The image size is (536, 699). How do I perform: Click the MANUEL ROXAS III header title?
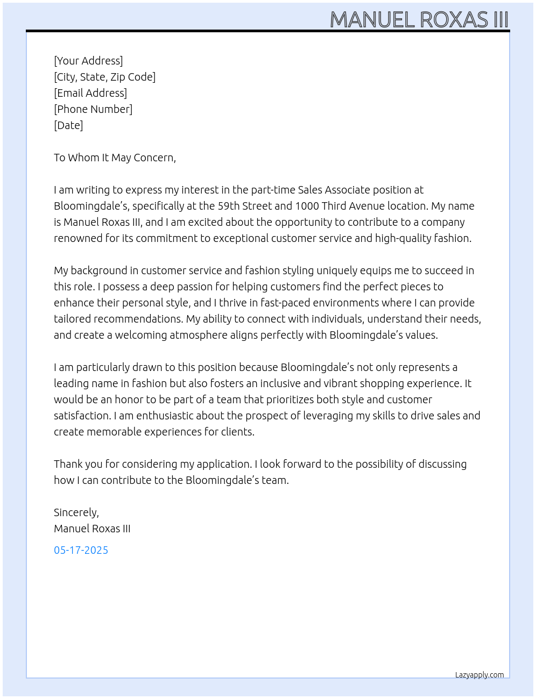(x=419, y=19)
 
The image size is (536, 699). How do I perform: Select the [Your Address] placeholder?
(x=88, y=61)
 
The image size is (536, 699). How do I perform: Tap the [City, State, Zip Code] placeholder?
(x=104, y=77)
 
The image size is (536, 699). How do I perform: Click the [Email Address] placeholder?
(x=90, y=93)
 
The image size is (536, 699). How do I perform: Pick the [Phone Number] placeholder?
(x=93, y=109)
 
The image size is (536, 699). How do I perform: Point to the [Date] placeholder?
(x=68, y=125)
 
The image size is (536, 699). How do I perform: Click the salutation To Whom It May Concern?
(x=115, y=158)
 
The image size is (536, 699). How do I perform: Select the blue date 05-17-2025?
(x=81, y=550)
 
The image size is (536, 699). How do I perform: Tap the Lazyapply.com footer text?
(x=479, y=675)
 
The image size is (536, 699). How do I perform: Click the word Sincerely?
(x=76, y=512)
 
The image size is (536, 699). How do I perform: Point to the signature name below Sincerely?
(x=92, y=529)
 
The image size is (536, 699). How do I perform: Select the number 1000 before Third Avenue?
(x=306, y=206)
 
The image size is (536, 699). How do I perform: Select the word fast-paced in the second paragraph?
(x=285, y=303)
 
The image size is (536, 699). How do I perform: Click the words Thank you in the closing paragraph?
(x=76, y=464)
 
